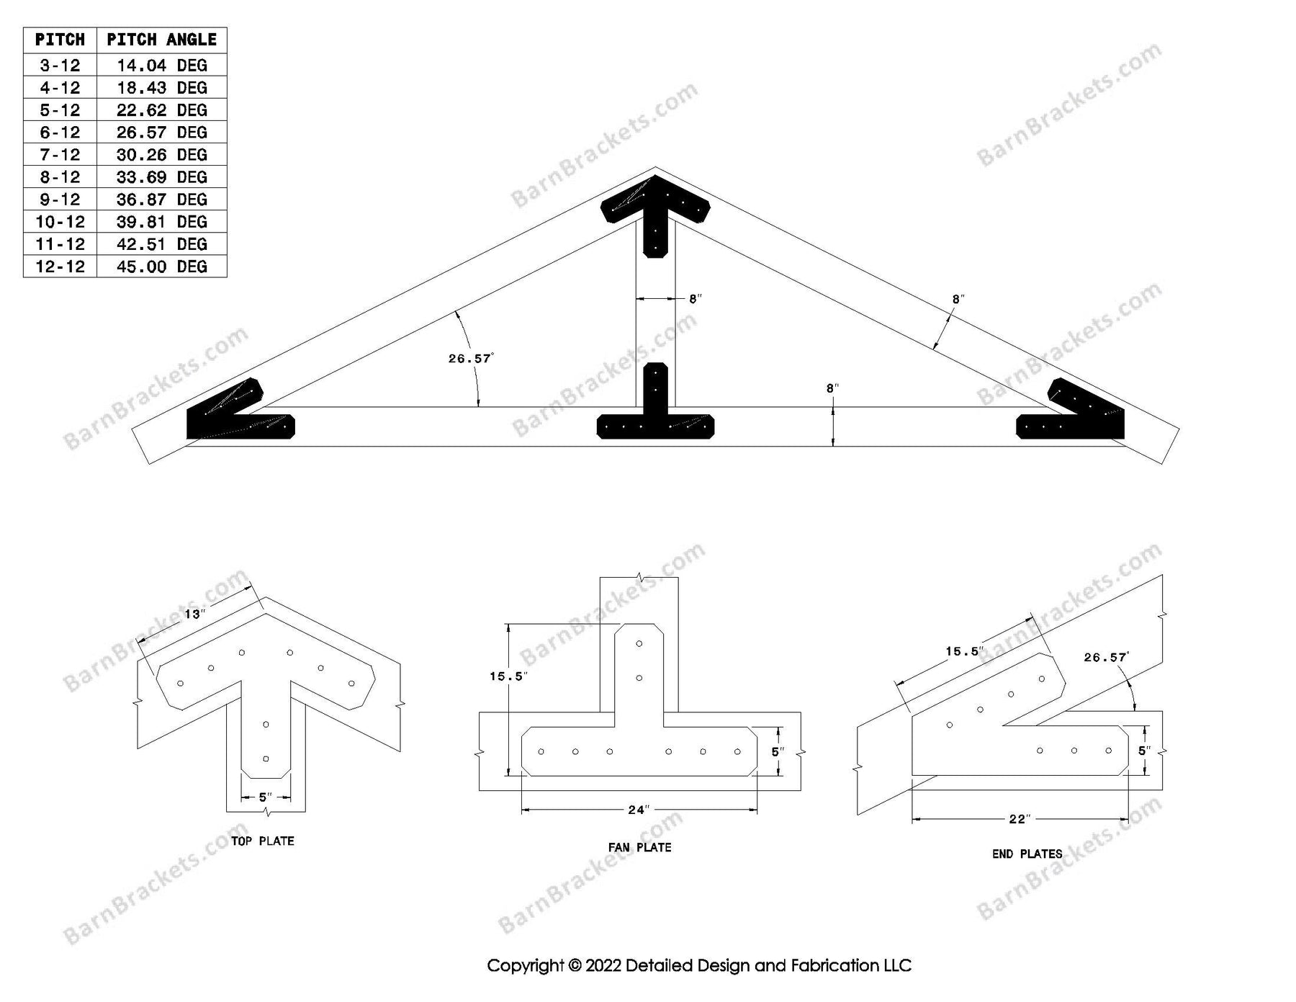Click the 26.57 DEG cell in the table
161,133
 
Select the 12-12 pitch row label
60,267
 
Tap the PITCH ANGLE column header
161,40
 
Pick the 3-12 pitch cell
60,66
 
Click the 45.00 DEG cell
161,267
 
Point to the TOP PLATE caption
262,841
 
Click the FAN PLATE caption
639,847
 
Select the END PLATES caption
1027,854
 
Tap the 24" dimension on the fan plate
638,810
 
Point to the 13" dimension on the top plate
194,614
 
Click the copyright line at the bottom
698,965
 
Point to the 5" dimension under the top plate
265,797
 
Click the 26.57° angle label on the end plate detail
1105,657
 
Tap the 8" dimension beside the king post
694,298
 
